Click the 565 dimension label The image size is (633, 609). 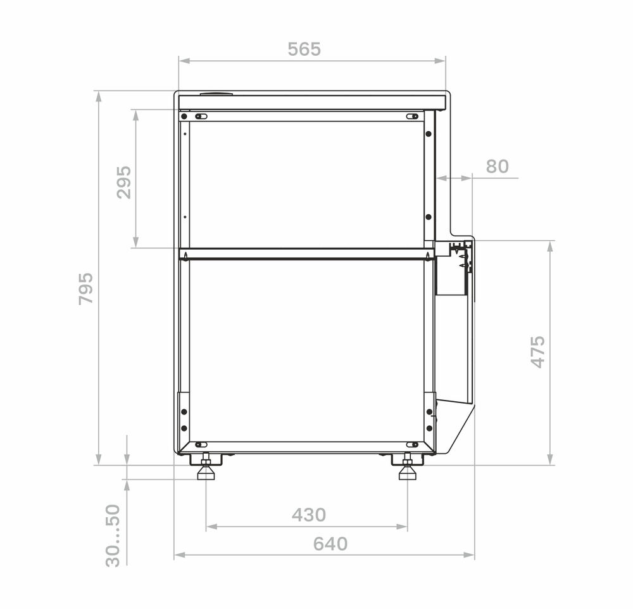tap(304, 49)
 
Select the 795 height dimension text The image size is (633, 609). tap(85, 288)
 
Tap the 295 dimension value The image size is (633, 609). tap(124, 183)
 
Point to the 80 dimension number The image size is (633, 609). tap(497, 166)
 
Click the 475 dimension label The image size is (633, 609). tap(537, 352)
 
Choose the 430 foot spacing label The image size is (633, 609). tap(309, 515)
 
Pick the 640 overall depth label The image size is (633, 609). tap(330, 544)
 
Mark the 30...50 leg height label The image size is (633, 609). tap(113, 535)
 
